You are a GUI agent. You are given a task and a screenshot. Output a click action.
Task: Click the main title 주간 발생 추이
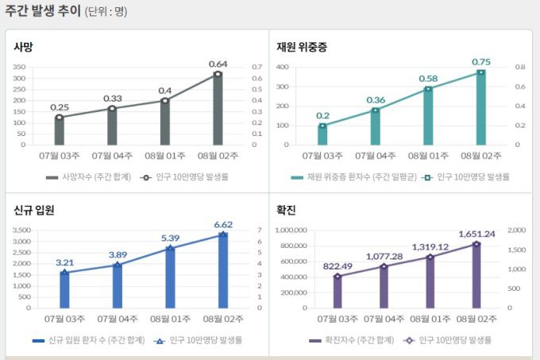tap(43, 11)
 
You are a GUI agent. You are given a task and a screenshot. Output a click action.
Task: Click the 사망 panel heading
tap(24, 47)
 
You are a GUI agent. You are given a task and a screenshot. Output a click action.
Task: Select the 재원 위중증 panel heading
tap(301, 47)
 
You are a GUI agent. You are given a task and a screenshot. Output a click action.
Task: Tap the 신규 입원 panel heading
tap(33, 210)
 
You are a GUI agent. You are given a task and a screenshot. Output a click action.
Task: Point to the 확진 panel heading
tap(287, 210)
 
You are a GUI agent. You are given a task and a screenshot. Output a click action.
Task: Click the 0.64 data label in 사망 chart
tap(218, 64)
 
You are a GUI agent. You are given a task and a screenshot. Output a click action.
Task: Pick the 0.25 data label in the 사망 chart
tap(59, 106)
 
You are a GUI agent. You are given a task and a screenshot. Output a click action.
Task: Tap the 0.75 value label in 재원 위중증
tap(481, 62)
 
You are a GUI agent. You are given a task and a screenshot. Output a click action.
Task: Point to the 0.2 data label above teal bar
tap(322, 115)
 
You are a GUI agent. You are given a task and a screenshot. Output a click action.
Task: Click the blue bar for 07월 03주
tap(64, 290)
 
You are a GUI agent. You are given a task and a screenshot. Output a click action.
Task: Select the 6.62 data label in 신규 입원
tap(222, 225)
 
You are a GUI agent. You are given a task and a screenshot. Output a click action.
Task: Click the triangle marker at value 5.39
tap(170, 248)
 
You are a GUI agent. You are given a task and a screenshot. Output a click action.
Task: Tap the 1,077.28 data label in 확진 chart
tap(385, 256)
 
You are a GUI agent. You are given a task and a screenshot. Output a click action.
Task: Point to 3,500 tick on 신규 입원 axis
tap(22, 230)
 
